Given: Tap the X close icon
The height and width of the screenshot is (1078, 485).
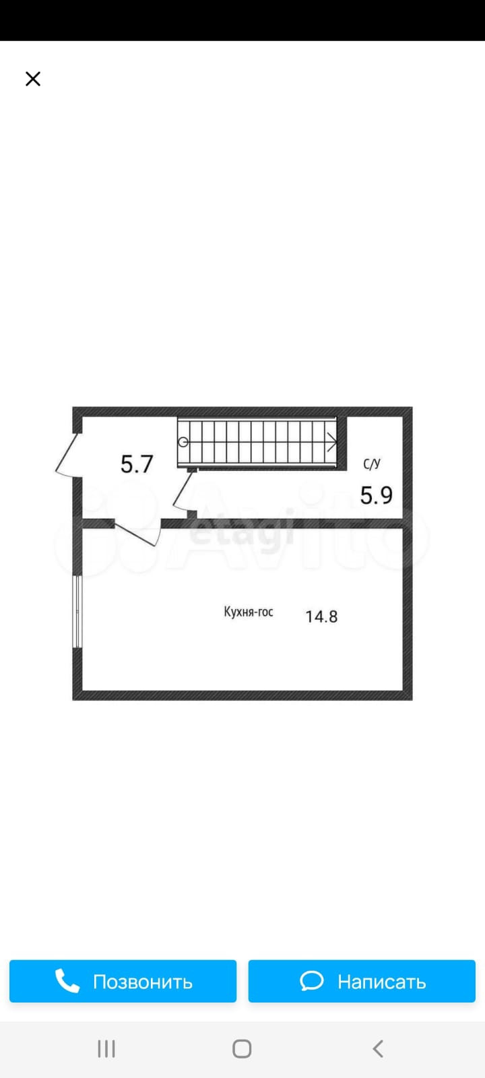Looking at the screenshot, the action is point(33,79).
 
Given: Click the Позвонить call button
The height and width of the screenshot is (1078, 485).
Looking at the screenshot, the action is point(123,981).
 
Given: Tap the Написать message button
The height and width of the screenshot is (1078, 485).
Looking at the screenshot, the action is point(362,981).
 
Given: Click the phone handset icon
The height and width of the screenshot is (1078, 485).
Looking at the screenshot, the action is point(67,981).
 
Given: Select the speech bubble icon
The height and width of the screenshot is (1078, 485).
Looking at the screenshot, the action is point(312,981).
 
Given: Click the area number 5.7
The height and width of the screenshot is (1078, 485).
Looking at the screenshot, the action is point(137,464).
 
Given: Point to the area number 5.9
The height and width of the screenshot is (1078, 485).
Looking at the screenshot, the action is point(377,495).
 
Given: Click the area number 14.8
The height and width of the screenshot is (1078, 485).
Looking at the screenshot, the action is point(321,616).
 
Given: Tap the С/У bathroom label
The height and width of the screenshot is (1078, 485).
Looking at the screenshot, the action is point(372,464).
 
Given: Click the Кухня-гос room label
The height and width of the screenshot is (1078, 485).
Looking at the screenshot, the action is point(249,612).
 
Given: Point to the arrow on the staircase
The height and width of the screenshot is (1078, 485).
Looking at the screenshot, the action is point(331,442).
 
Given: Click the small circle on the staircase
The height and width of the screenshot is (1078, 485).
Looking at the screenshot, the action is point(183,442).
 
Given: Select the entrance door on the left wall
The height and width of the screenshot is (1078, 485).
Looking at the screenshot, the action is point(67,455).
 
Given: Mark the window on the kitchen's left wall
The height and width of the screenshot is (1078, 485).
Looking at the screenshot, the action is point(77,612).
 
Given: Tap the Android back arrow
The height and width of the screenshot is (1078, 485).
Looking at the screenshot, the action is point(378,1048).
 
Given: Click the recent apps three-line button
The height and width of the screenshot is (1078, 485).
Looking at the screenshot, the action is point(106,1048).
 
